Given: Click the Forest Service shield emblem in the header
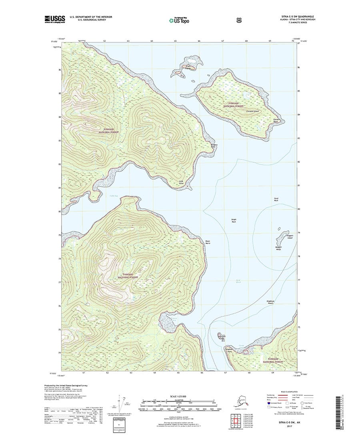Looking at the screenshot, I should point(239,19).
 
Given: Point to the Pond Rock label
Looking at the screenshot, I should point(276,200).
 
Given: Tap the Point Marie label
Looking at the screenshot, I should point(208,242).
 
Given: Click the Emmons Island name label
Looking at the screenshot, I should point(254,112).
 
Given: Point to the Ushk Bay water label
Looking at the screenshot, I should point(114,196).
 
